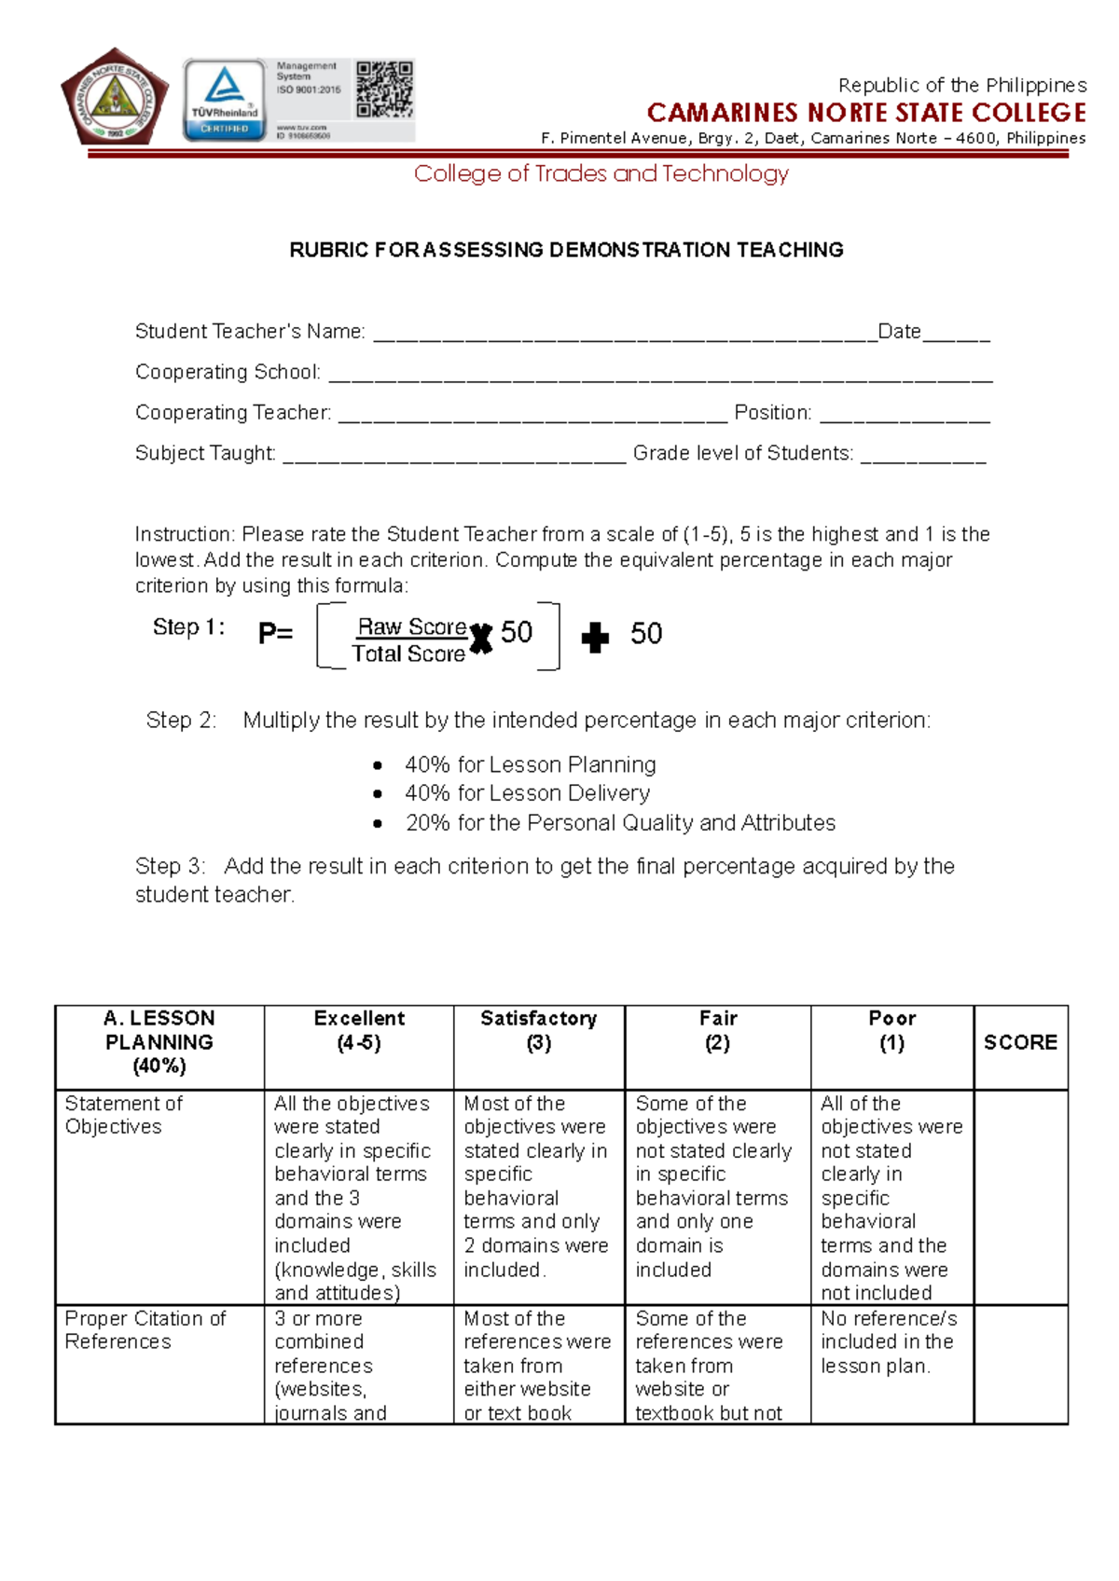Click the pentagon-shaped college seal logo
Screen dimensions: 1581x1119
point(114,97)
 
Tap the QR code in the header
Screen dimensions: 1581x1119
point(384,89)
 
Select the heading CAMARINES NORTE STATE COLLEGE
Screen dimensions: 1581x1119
point(866,113)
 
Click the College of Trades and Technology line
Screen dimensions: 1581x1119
point(601,173)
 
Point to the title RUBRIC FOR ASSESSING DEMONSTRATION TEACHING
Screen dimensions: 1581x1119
point(566,250)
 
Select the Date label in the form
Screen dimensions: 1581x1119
point(899,331)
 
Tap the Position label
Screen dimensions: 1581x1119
point(772,412)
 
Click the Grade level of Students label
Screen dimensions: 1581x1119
point(742,453)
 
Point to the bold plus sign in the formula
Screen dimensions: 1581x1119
point(594,638)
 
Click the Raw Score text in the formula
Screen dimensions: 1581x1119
point(412,626)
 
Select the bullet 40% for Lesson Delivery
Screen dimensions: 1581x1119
point(527,793)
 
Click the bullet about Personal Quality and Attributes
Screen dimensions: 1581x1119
point(619,823)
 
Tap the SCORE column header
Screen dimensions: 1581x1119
point(1020,1042)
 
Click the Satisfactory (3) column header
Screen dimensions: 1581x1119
point(538,1030)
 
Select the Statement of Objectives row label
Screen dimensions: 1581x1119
point(123,1115)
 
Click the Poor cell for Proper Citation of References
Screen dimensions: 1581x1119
point(891,1342)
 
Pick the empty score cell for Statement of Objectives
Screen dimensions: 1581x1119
point(1020,1197)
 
